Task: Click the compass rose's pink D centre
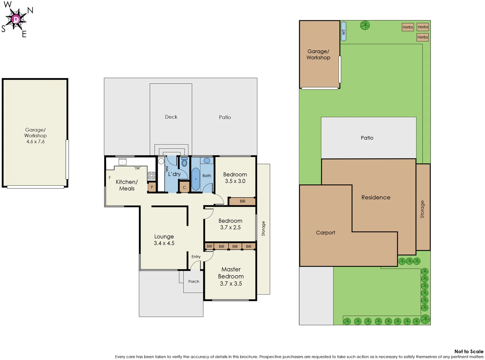click(x=16, y=19)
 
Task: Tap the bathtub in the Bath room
click(x=196, y=179)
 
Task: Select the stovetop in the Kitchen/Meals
click(x=151, y=175)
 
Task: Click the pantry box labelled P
click(x=152, y=187)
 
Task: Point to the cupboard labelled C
click(x=184, y=187)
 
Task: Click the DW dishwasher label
click(x=137, y=168)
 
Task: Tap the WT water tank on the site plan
click(x=344, y=32)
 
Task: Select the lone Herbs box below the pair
click(x=422, y=37)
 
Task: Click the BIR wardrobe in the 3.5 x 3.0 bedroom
click(x=242, y=201)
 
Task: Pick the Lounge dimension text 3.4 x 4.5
click(x=164, y=243)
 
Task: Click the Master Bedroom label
click(x=231, y=273)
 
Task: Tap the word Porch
click(x=193, y=282)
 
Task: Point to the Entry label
click(x=196, y=257)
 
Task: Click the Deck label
click(x=171, y=117)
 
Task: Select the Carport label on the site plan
click(x=325, y=233)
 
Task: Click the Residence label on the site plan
click(x=376, y=197)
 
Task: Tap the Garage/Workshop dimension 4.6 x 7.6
click(x=35, y=142)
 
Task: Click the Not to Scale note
click(x=468, y=351)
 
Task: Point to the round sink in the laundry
click(x=161, y=161)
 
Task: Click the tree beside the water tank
click(x=365, y=25)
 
